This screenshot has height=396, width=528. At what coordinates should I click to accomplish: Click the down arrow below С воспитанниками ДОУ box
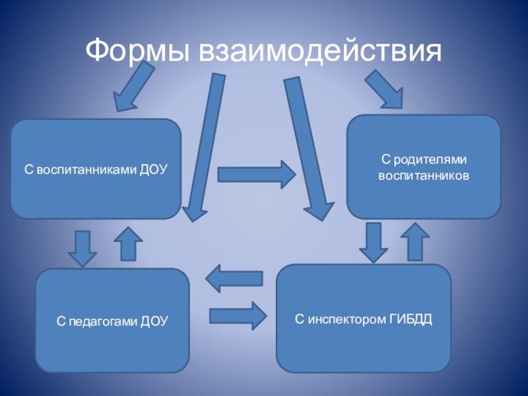(82, 247)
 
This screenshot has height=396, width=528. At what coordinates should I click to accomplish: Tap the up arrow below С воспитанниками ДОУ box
(129, 244)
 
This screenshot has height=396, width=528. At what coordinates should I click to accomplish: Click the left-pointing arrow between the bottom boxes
(234, 279)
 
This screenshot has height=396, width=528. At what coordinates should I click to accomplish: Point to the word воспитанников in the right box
(424, 177)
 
